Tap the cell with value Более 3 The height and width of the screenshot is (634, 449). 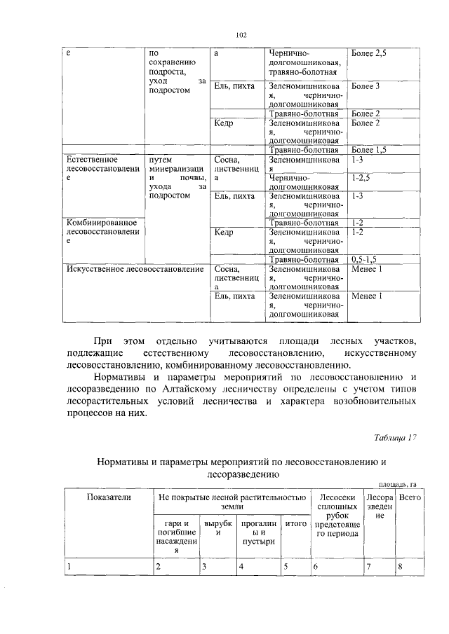pos(366,86)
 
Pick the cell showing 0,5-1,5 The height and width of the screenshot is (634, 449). pos(368,260)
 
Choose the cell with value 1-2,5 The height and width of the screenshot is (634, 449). pos(362,178)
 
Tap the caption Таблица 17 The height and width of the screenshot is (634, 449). pos(395,438)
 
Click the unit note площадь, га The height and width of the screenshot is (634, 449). pos(398,483)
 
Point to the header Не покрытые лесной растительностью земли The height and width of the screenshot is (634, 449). pos(231,502)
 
